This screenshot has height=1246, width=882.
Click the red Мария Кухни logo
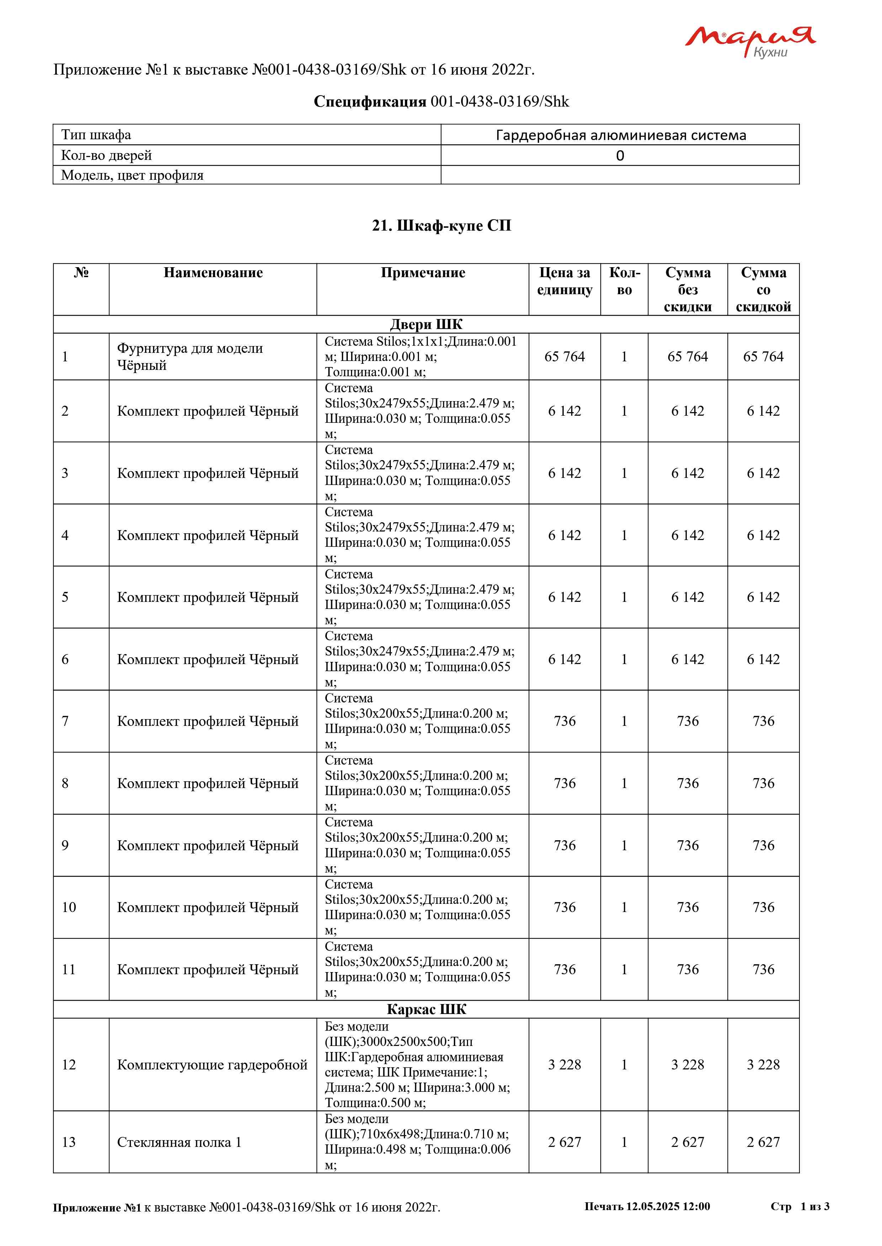(749, 41)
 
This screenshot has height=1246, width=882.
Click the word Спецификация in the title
(370, 102)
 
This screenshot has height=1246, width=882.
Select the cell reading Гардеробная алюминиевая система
(620, 135)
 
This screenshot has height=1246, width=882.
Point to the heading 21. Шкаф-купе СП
(441, 226)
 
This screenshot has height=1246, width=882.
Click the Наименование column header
(213, 273)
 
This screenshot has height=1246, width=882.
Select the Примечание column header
(423, 273)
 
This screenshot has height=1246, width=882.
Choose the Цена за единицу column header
(564, 281)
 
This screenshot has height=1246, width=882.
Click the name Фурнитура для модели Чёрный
(190, 357)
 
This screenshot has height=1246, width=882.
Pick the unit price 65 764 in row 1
(564, 357)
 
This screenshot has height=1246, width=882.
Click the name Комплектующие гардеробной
(212, 1065)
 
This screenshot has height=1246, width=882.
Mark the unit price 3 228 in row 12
(564, 1065)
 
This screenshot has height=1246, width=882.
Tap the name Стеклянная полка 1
(179, 1142)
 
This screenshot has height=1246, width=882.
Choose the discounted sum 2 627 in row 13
(763, 1142)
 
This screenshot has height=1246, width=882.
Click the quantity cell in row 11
(624, 969)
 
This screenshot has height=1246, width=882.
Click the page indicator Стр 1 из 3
(799, 1206)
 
